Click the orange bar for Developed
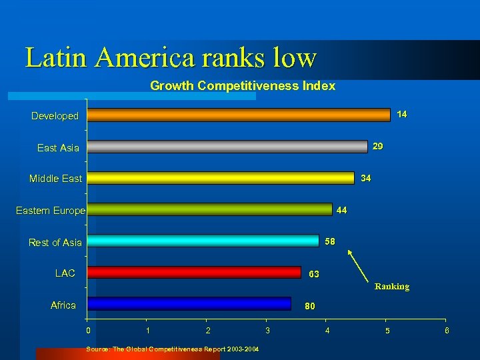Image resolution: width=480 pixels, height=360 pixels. click(x=239, y=115)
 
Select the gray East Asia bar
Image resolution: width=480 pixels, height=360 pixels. click(x=227, y=147)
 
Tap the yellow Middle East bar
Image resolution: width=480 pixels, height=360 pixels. click(x=221, y=178)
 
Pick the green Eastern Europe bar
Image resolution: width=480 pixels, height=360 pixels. click(x=209, y=209)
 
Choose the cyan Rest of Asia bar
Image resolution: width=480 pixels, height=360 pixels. click(x=203, y=241)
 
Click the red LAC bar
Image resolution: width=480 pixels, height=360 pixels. click(x=194, y=272)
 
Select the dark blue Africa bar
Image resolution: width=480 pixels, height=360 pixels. click(x=189, y=303)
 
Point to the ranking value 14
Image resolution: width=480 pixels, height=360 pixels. click(x=401, y=115)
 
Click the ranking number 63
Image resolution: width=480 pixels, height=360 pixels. click(x=313, y=274)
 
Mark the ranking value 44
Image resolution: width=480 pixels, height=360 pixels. click(x=341, y=210)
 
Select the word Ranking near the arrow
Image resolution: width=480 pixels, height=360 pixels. click(x=391, y=287)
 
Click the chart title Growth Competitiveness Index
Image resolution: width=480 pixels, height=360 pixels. click(x=243, y=86)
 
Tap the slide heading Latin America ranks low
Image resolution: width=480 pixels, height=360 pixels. click(x=171, y=57)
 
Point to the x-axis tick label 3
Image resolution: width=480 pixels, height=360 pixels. click(x=267, y=330)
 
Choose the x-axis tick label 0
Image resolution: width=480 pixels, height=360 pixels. click(x=87, y=330)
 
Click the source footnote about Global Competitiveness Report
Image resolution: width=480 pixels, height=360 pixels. click(x=173, y=349)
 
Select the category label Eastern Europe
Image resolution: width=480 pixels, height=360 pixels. click(x=51, y=211)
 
